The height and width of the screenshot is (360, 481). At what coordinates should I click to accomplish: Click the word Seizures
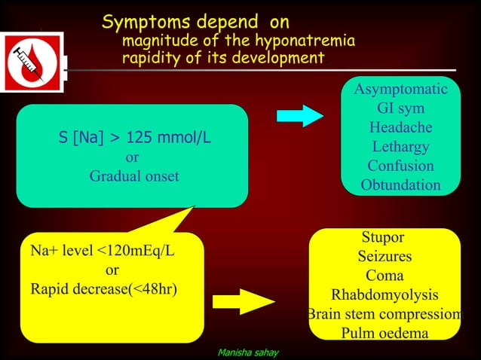[384, 258]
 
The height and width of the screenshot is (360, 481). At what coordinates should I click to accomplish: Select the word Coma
[384, 276]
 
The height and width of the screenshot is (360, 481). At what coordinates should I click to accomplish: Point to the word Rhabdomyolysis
[384, 295]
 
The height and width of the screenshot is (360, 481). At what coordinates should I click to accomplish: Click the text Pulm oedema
[384, 333]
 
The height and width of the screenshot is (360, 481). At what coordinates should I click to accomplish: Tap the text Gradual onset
[134, 177]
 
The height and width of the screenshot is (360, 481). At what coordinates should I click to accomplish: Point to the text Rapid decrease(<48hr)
[104, 288]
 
